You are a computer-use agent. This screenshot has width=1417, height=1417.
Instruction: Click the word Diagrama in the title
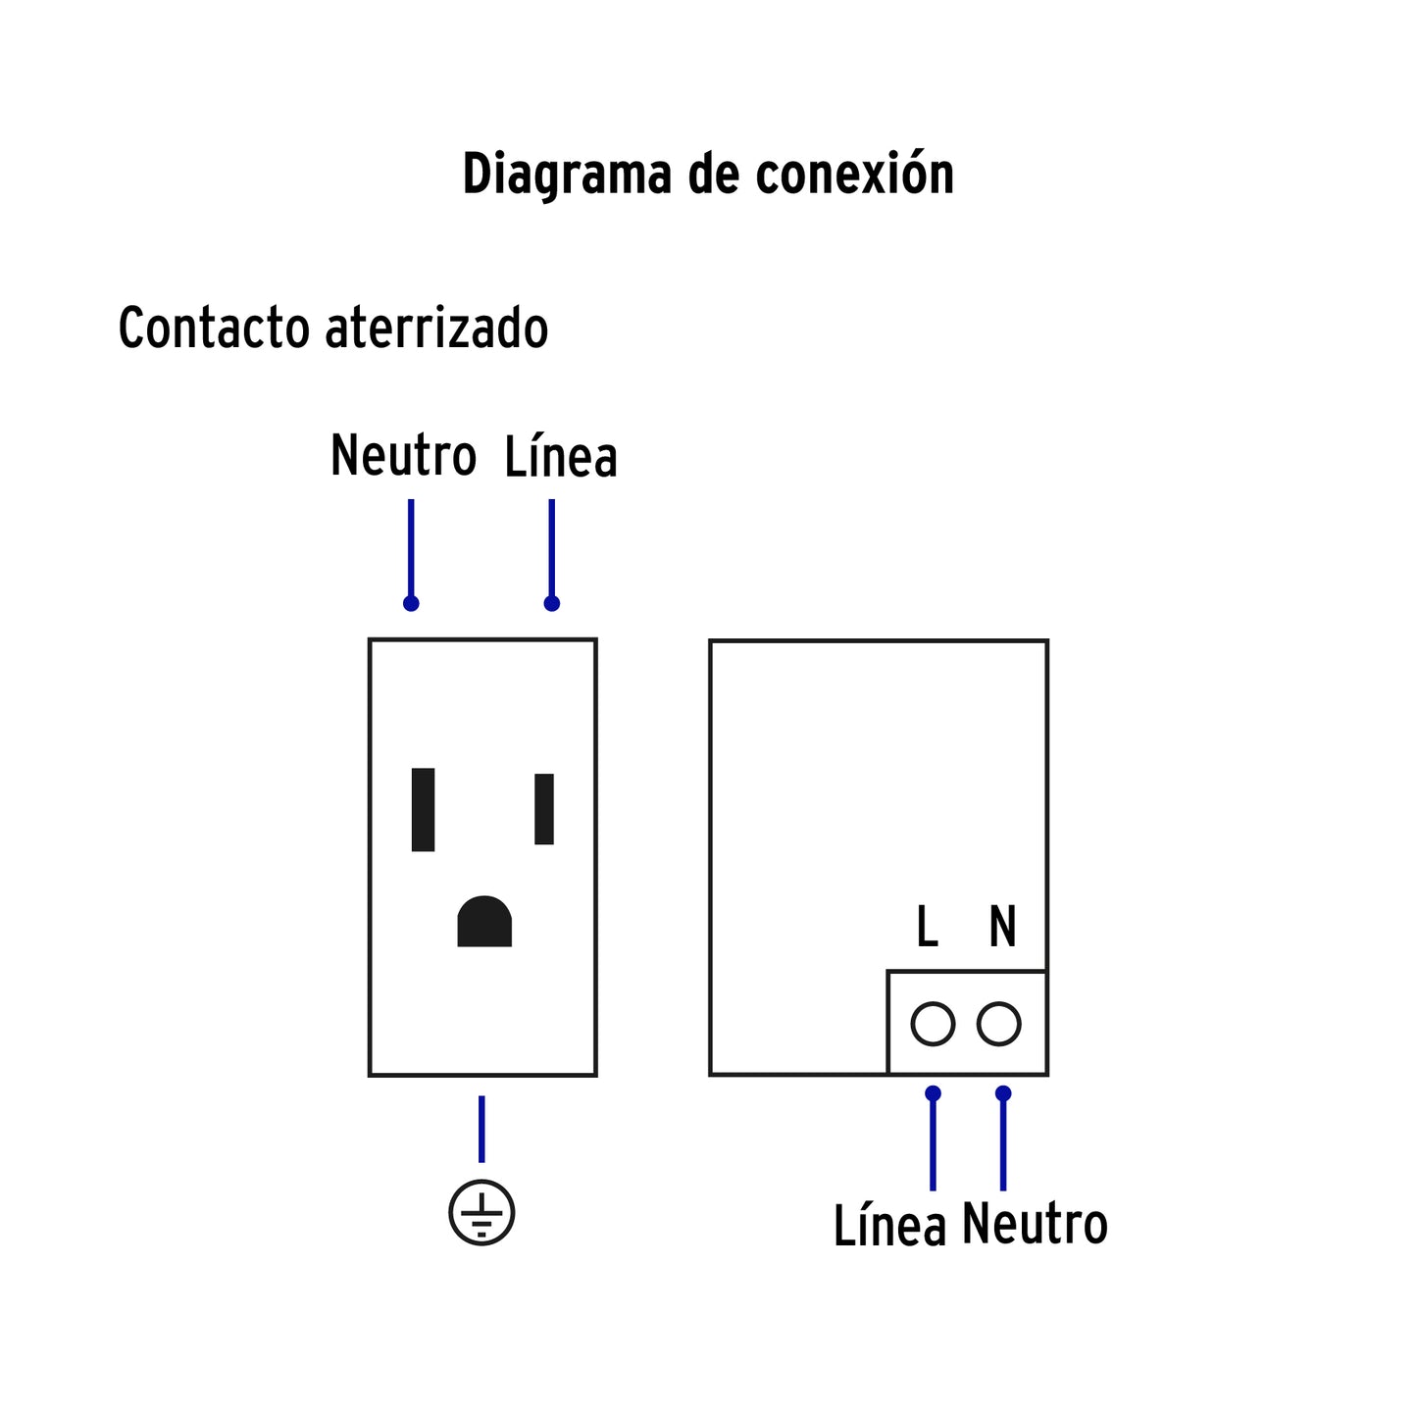567,175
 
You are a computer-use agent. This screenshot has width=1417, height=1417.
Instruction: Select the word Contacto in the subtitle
213,328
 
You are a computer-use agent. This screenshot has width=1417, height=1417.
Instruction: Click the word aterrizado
436,328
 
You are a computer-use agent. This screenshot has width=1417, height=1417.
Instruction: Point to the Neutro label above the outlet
403,456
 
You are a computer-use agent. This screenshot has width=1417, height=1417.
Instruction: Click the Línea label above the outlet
561,457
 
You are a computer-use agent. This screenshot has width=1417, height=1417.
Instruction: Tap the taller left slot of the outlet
423,810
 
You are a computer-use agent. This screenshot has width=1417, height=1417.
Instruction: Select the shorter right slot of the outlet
544,809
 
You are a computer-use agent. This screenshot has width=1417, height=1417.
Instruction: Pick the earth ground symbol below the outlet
481,1213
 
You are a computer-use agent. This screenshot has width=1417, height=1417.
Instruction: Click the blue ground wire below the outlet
481,1129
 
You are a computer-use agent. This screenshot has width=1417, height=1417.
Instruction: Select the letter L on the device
927,927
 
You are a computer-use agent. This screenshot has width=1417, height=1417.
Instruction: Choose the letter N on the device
1002,927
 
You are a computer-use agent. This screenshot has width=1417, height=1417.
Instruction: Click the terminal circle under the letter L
933,1025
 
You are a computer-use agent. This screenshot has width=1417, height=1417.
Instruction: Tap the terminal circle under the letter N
999,1025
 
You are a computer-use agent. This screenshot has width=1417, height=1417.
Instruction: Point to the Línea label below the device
889,1226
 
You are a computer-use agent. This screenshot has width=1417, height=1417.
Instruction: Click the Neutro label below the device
1035,1224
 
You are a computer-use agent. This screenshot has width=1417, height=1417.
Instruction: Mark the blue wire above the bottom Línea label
933,1142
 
